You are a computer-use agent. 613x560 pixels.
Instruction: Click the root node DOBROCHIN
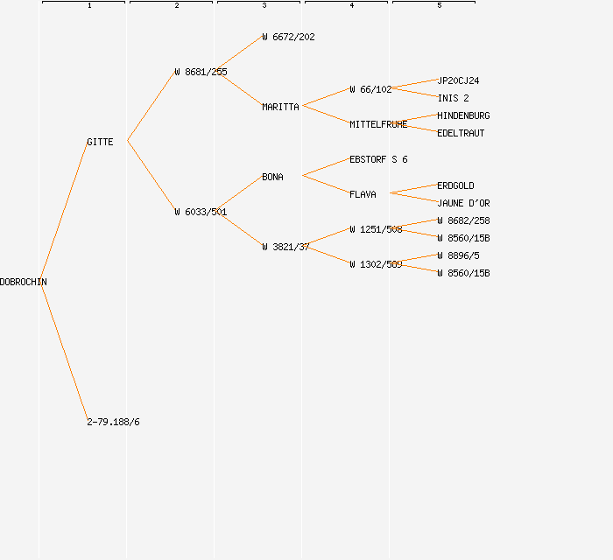coord(24,282)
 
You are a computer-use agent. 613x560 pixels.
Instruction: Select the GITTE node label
coord(100,142)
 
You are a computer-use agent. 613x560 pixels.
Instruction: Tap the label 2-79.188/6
coord(113,422)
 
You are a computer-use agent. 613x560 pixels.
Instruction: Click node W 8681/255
coord(201,72)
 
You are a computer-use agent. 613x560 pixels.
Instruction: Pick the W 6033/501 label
coord(201,212)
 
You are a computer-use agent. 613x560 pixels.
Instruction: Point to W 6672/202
coord(288,37)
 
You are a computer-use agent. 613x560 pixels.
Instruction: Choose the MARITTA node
coord(280,107)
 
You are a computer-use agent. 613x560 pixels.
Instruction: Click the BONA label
coord(272,177)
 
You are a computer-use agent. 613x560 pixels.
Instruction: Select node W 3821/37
coord(285,247)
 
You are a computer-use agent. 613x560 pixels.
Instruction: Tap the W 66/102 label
coord(370,89)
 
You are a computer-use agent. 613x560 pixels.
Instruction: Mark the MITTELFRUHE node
coord(378,124)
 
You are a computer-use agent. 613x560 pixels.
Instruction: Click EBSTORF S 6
coord(378,159)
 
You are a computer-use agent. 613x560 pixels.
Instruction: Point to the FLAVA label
coord(363,194)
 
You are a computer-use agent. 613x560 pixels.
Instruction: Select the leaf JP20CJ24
coord(458,80)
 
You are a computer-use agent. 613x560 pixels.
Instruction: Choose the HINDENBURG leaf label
coord(463,115)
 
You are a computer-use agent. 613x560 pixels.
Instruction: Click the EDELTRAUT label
coord(461,133)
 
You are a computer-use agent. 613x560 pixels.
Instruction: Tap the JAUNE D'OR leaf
coord(463,203)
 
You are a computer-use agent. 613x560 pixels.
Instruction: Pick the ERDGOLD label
coord(455,185)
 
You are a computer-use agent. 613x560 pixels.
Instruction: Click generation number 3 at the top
coord(264,6)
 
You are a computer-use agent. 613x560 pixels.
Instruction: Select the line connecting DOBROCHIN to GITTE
coord(64,211)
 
